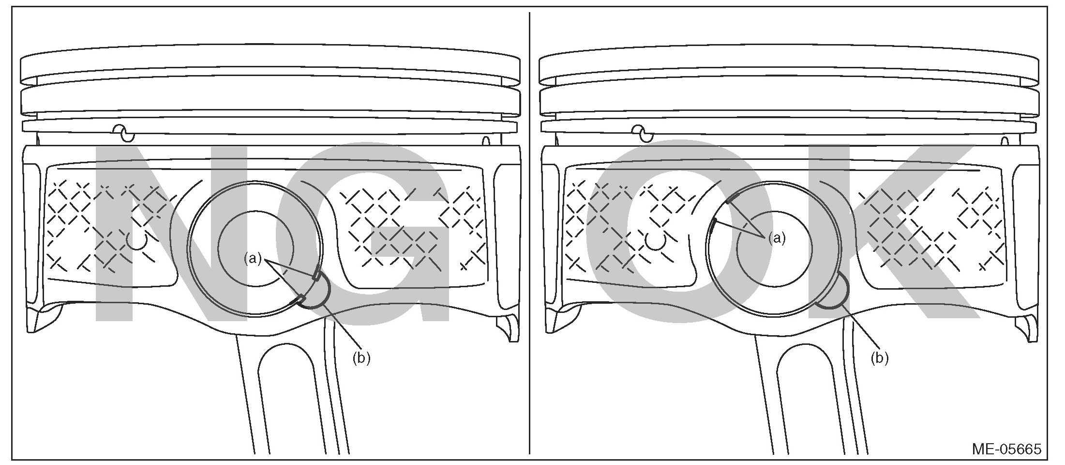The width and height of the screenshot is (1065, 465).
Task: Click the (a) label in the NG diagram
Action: pos(252,259)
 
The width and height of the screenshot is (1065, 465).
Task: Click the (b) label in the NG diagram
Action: pos(361,358)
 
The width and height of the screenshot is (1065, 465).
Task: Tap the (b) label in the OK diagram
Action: pos(879,358)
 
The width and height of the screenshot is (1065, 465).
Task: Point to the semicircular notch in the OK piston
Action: pos(836,293)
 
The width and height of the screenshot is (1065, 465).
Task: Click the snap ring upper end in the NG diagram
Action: pos(316,275)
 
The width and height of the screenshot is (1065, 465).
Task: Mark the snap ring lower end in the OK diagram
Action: pos(714,223)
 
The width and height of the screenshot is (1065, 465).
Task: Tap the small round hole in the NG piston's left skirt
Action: pos(137,241)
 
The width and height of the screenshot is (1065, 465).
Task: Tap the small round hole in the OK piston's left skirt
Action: pos(655,241)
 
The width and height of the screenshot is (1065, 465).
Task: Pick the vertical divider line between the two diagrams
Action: pos(529,232)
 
